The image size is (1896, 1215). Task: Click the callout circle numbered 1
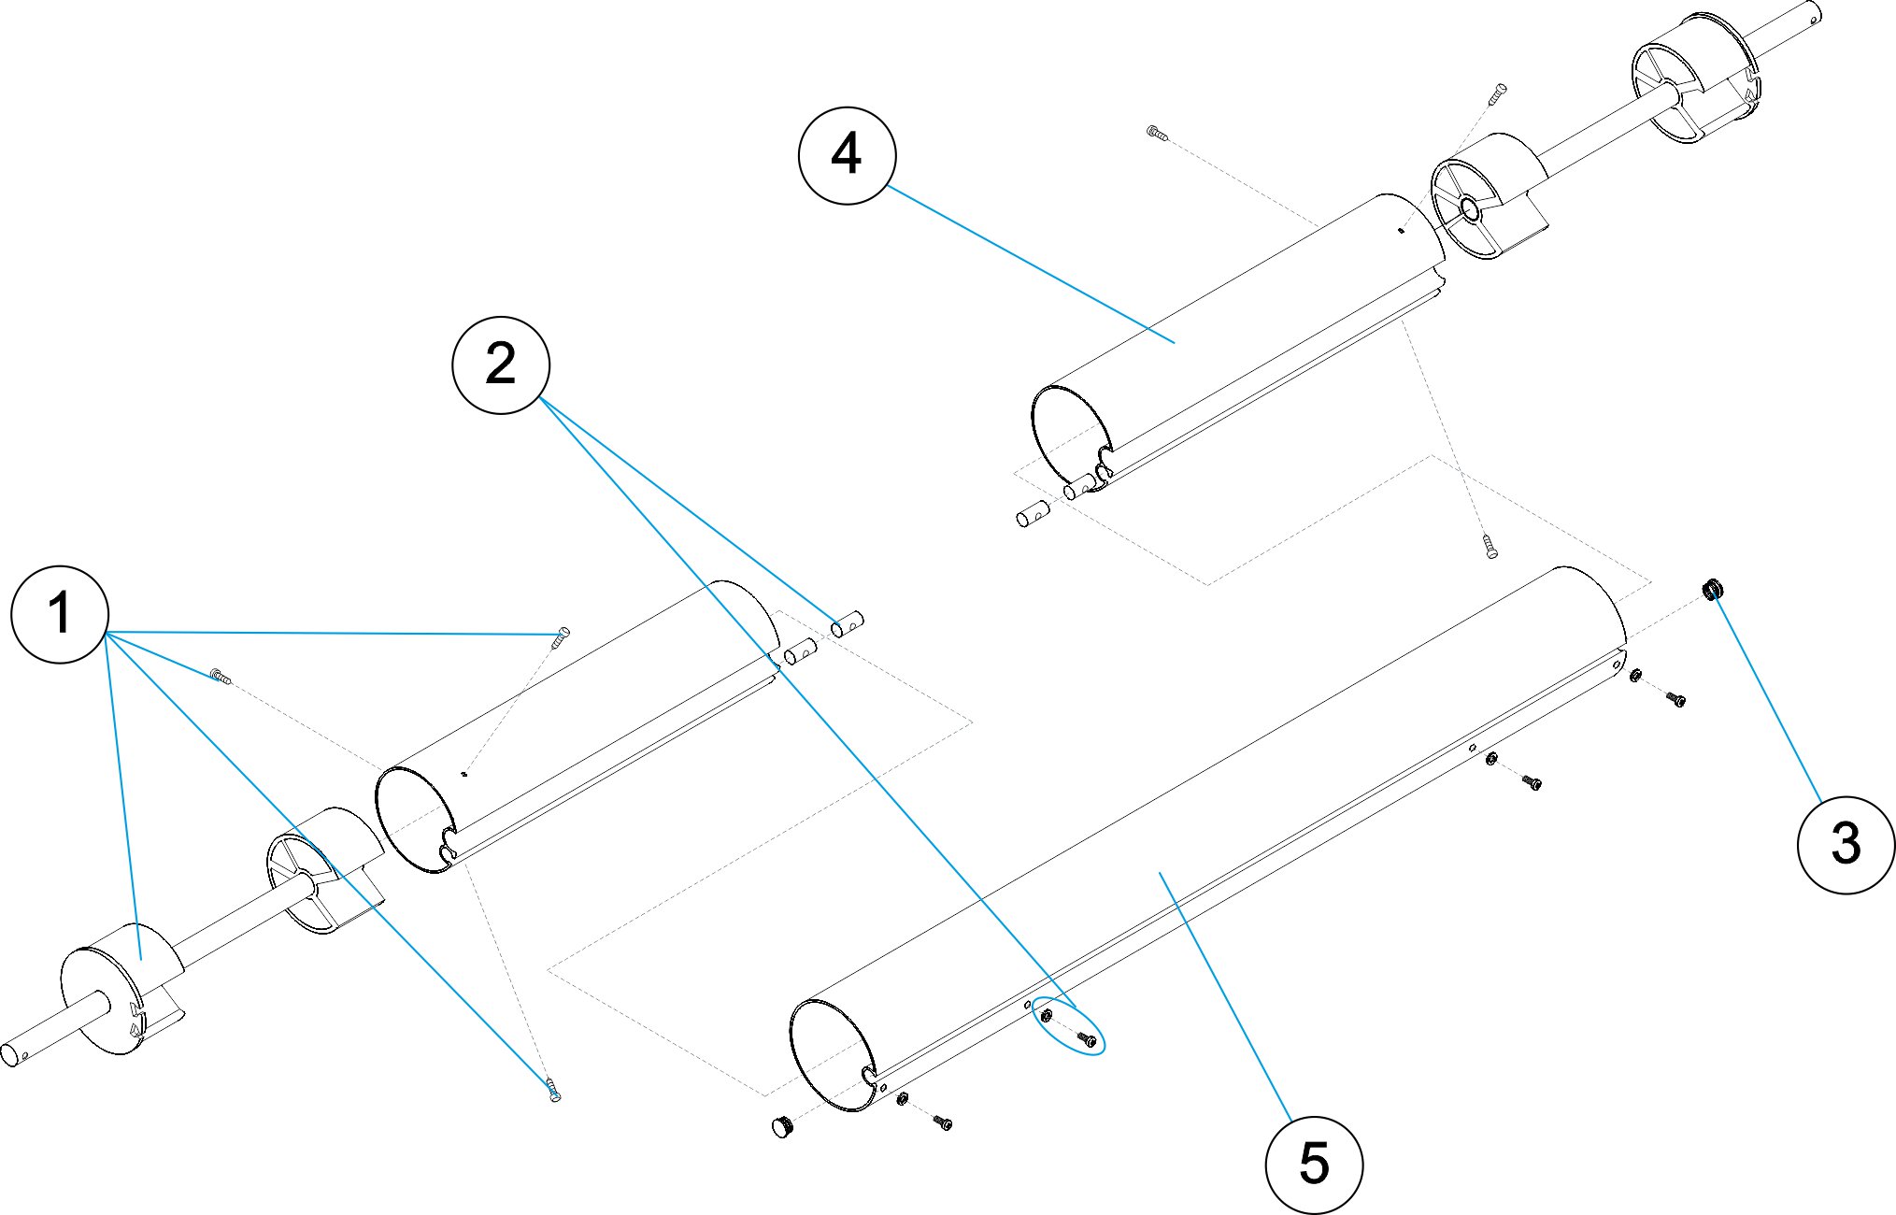pos(60,614)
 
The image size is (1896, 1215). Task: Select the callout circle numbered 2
pos(501,364)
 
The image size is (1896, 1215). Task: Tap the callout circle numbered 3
pos(1846,844)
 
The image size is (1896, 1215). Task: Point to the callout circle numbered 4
pos(847,155)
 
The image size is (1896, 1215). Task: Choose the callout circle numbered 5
pos(1314,1165)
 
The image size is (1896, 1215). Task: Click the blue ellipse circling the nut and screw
pos(1068,1026)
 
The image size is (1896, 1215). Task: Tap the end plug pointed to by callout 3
pos(1713,590)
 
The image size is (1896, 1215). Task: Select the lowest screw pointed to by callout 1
pos(554,1089)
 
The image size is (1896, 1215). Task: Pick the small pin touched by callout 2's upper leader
pos(848,622)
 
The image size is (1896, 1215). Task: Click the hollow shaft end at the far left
pos(12,1053)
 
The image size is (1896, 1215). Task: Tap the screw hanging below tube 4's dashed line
pos(1490,546)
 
